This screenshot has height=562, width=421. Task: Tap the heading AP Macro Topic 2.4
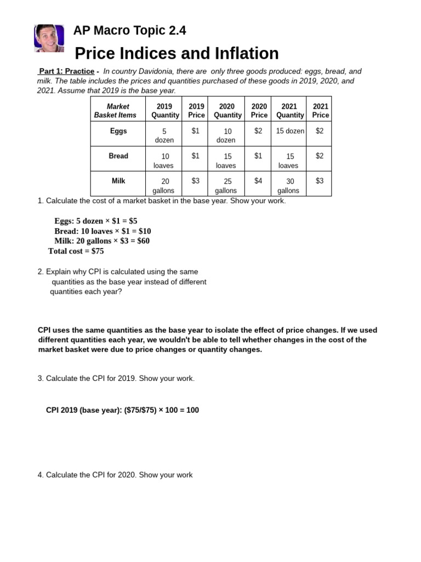[130, 31]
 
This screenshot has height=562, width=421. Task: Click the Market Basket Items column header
[118, 110]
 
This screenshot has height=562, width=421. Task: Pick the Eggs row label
[118, 131]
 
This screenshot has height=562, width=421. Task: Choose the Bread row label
[118, 156]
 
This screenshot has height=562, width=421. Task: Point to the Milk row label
[118, 181]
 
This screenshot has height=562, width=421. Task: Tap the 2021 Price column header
[321, 110]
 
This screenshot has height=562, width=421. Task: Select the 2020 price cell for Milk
[259, 181]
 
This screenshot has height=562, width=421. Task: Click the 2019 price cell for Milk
[196, 181]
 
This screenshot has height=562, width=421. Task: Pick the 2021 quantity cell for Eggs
[290, 131]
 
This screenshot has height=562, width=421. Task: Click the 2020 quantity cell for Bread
[227, 160]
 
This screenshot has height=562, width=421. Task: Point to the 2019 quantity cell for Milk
[164, 186]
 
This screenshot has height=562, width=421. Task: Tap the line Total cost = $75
[76, 251]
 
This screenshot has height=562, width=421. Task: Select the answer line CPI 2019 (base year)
[122, 410]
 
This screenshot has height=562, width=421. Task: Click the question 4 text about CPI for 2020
[115, 475]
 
